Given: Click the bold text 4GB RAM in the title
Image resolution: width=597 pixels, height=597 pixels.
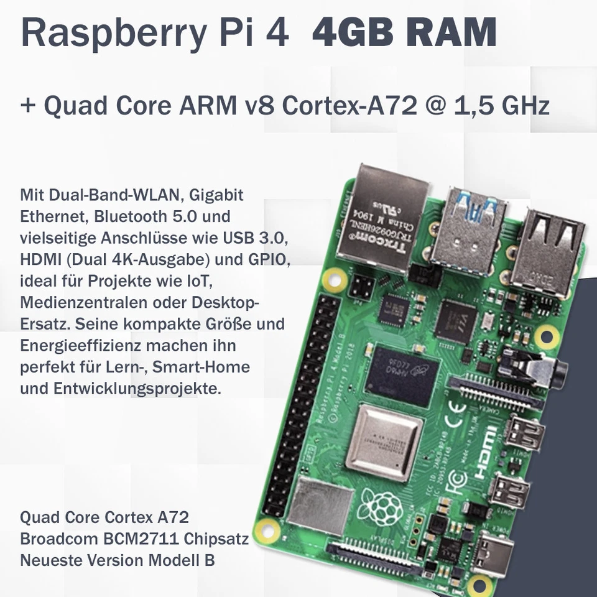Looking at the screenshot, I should (x=404, y=32).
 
